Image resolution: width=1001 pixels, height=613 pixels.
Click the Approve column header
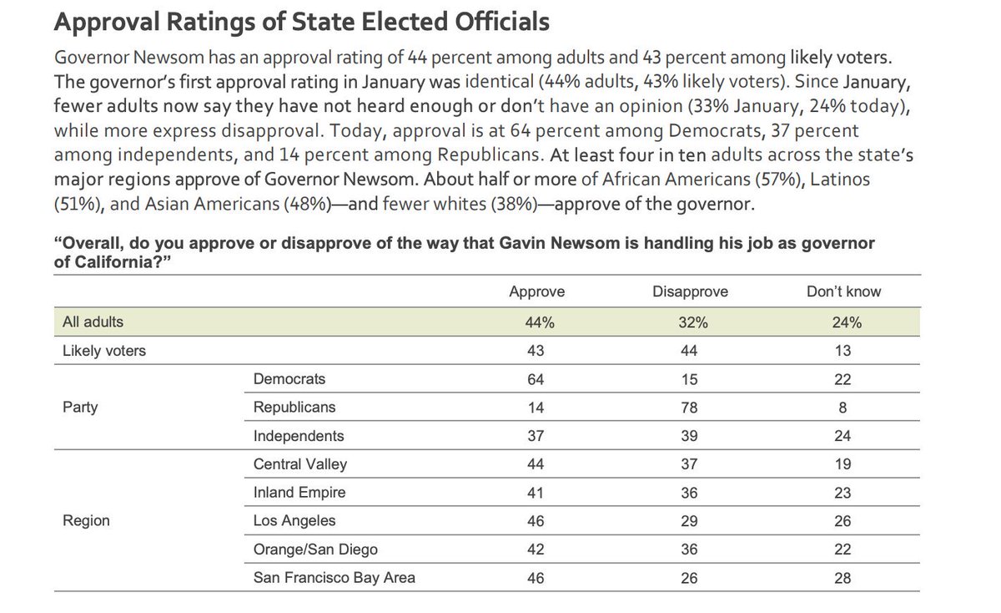point(537,291)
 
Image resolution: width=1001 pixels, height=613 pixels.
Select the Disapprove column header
point(690,291)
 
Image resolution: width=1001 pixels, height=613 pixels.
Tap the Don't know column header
point(843,291)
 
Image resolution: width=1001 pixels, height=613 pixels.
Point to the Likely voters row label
point(104,351)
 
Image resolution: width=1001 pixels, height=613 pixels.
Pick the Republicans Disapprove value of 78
point(690,408)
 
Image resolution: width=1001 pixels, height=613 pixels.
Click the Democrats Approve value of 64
point(536,379)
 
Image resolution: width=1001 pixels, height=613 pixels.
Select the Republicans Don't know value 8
point(843,408)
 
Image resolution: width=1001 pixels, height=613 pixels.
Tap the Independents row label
point(298,436)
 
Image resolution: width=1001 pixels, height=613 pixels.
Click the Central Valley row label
point(299,464)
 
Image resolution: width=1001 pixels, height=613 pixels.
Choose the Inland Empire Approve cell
point(536,493)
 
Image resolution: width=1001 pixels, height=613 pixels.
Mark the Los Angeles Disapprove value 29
point(690,521)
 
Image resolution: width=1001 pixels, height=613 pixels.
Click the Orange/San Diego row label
point(315,550)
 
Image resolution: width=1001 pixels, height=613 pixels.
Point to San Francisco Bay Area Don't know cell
point(843,578)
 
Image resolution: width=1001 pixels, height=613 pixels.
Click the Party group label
point(80,408)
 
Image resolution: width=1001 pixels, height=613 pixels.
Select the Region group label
point(86,521)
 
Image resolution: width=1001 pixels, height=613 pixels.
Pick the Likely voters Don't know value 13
point(843,351)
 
